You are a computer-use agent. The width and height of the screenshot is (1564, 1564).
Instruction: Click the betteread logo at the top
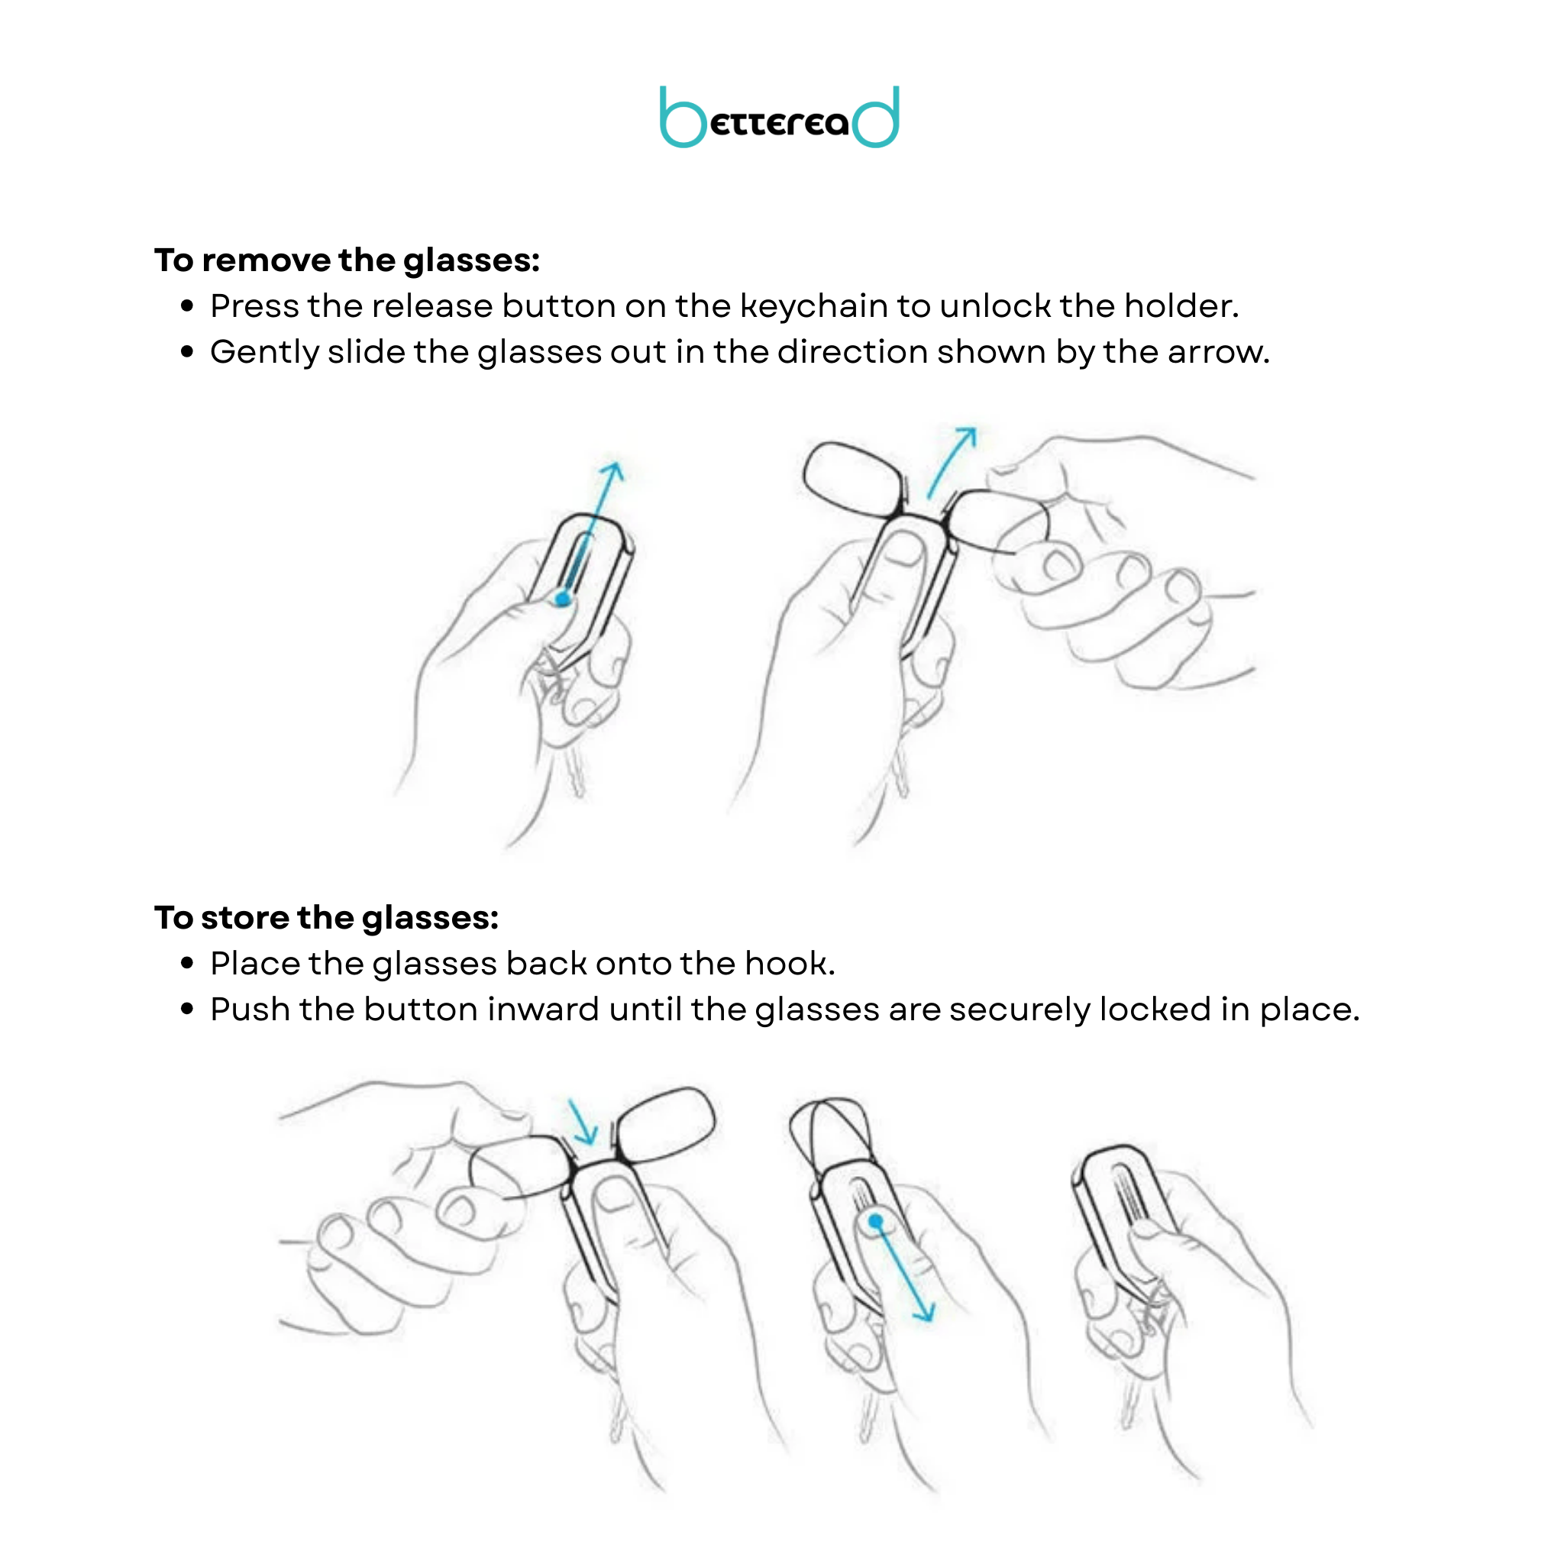click(x=779, y=118)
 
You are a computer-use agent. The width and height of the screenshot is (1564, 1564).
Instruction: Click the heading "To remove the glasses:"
click(x=347, y=260)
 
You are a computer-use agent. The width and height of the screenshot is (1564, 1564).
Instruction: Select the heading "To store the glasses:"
click(x=326, y=918)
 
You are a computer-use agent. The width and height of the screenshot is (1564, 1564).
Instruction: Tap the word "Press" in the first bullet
click(x=254, y=306)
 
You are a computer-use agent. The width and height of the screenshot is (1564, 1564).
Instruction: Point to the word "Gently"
click(x=264, y=353)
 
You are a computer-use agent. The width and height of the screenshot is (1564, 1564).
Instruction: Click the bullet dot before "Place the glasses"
click(x=188, y=963)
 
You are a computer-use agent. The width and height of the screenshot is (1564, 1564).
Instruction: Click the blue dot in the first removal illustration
click(x=563, y=599)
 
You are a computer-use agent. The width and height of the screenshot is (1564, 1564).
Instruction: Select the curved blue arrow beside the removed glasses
click(x=948, y=463)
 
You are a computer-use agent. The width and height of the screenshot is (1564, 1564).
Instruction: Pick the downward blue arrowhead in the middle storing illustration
click(x=926, y=1311)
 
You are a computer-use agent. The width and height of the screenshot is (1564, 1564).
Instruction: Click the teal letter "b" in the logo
click(x=682, y=118)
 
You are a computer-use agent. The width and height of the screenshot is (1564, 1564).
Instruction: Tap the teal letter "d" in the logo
click(x=876, y=118)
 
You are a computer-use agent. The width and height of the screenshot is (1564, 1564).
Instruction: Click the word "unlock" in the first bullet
click(x=996, y=306)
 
